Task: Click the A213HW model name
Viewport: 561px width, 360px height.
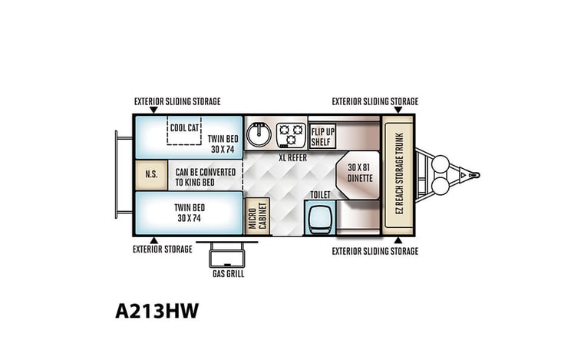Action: [x=157, y=311]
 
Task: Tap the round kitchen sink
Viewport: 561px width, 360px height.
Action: [x=259, y=134]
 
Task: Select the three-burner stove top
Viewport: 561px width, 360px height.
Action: [x=291, y=134]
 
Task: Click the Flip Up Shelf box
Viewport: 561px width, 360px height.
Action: [x=322, y=137]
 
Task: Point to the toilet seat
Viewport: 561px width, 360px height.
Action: [x=320, y=217]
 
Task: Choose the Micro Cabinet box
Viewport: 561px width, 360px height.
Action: [x=257, y=216]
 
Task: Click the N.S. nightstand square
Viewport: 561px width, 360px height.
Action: [x=151, y=175]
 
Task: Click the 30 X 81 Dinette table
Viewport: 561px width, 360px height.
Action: [x=358, y=175]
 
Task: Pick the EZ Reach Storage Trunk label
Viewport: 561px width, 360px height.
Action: [x=400, y=173]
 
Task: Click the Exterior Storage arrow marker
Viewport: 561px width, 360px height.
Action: [x=153, y=240]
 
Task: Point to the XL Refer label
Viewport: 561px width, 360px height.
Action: [x=292, y=157]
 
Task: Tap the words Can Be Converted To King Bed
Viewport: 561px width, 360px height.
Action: [x=206, y=177]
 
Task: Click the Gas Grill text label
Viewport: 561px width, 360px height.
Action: [x=228, y=274]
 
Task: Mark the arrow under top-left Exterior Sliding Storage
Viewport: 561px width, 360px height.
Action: [x=153, y=110]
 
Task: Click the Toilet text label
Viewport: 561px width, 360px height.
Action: [x=320, y=195]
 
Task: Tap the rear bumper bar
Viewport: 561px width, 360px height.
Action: [x=117, y=175]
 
